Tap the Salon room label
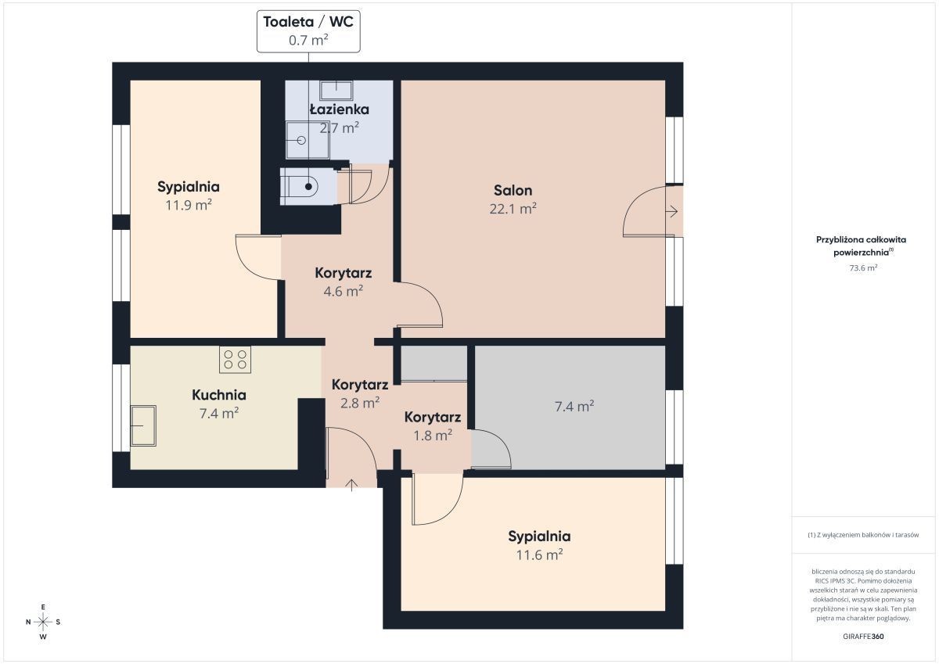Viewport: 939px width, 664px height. (x=513, y=191)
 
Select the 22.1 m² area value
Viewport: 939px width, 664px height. (x=513, y=209)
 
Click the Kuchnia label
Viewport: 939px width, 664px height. (x=219, y=395)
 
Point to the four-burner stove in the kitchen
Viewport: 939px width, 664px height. (x=236, y=360)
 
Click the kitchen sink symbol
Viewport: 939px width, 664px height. (x=143, y=425)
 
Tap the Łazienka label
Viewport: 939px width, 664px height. (x=339, y=109)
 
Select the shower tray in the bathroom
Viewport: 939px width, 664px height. (x=308, y=140)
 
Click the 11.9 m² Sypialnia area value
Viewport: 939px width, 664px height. (x=189, y=205)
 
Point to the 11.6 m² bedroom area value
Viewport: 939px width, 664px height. (x=539, y=555)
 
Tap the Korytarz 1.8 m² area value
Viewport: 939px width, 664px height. (x=433, y=436)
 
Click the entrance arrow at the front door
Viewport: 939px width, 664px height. (x=351, y=484)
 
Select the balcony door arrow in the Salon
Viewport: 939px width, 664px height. (x=671, y=211)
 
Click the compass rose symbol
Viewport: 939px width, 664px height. (x=43, y=622)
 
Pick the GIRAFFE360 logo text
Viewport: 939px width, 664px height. (x=863, y=637)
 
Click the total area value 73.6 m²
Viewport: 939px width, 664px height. (x=863, y=268)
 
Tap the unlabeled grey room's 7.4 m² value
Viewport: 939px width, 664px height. (x=574, y=407)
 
